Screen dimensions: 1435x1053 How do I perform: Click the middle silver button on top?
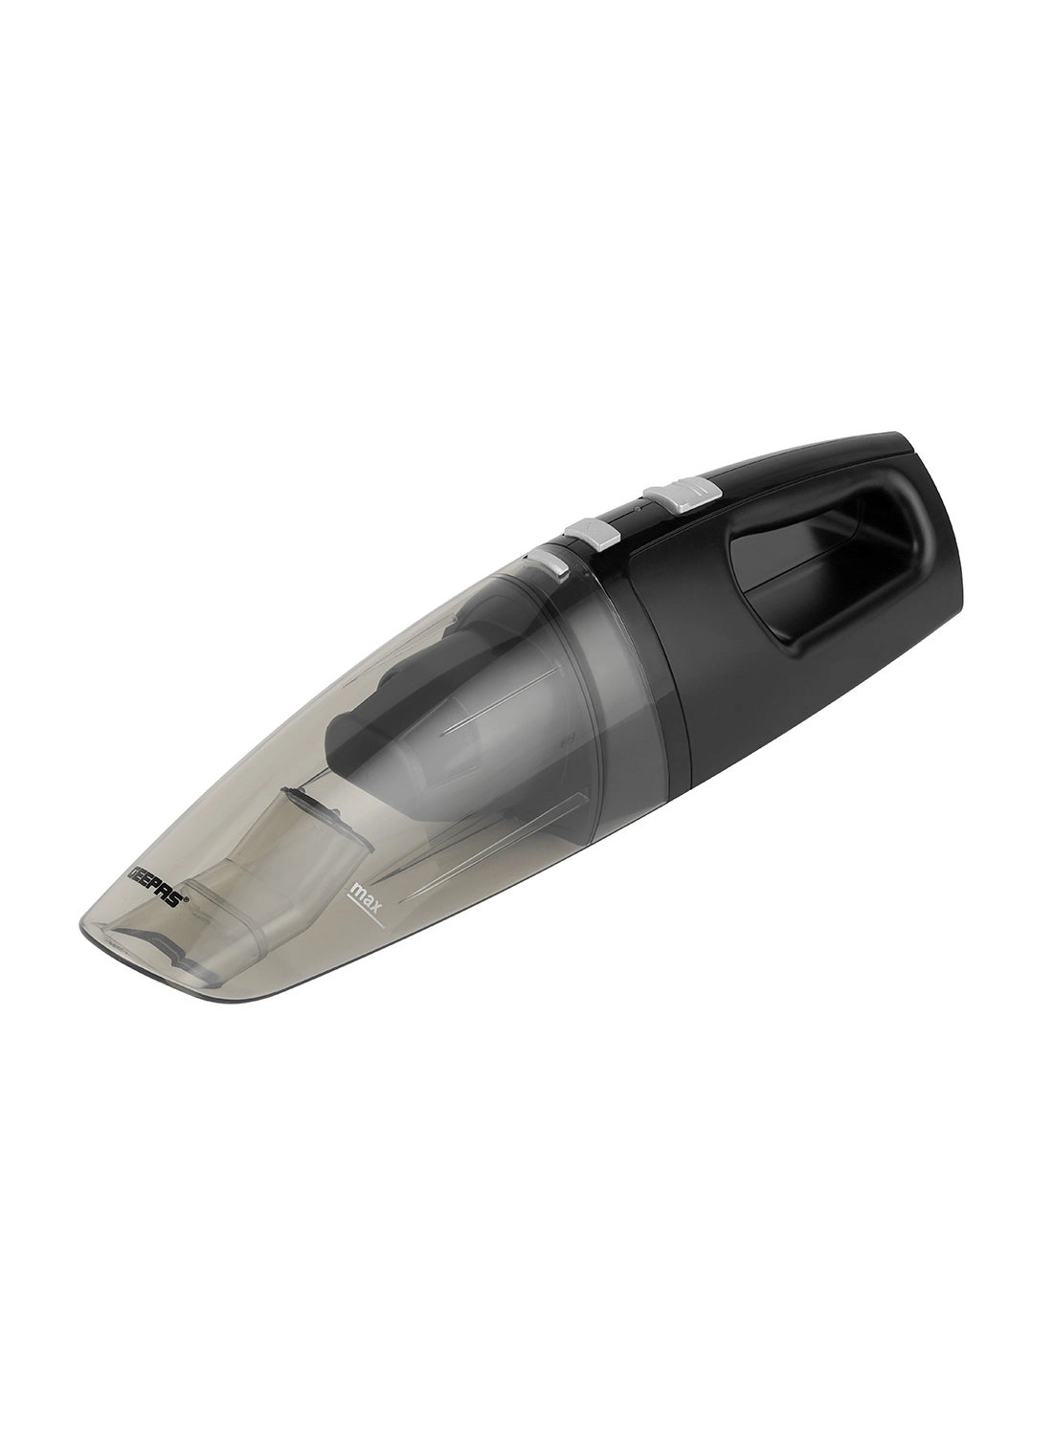(x=590, y=533)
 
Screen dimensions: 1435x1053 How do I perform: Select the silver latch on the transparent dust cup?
(x=551, y=564)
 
